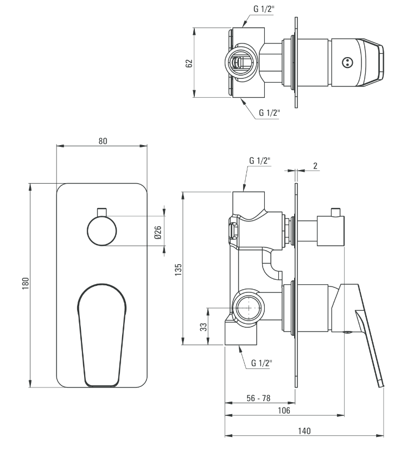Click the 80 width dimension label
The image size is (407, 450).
pos(103,141)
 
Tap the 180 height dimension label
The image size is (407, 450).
pos(26,283)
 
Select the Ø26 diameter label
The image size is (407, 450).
pos(157,232)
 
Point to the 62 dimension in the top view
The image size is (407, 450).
pos(189,63)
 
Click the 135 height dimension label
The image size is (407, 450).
pos(179,270)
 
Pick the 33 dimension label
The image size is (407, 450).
pos(203,327)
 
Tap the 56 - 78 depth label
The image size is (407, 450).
pos(258,398)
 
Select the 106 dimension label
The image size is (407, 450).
pos(284,410)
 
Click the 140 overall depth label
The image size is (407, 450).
pos(304,431)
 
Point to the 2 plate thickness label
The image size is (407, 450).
pos(315,166)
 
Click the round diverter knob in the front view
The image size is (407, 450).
pos(102,230)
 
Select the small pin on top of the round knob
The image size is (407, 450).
pos(102,211)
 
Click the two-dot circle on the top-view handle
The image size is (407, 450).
pos(347,62)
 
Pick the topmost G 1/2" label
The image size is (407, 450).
pos(264,9)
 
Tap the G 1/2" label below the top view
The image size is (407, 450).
pos(269,113)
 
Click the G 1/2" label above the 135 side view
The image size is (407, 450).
pos(260,160)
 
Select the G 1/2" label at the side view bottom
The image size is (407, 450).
pos(262,362)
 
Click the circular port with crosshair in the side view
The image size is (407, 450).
pos(249,308)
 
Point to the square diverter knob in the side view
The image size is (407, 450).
pos(330,231)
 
